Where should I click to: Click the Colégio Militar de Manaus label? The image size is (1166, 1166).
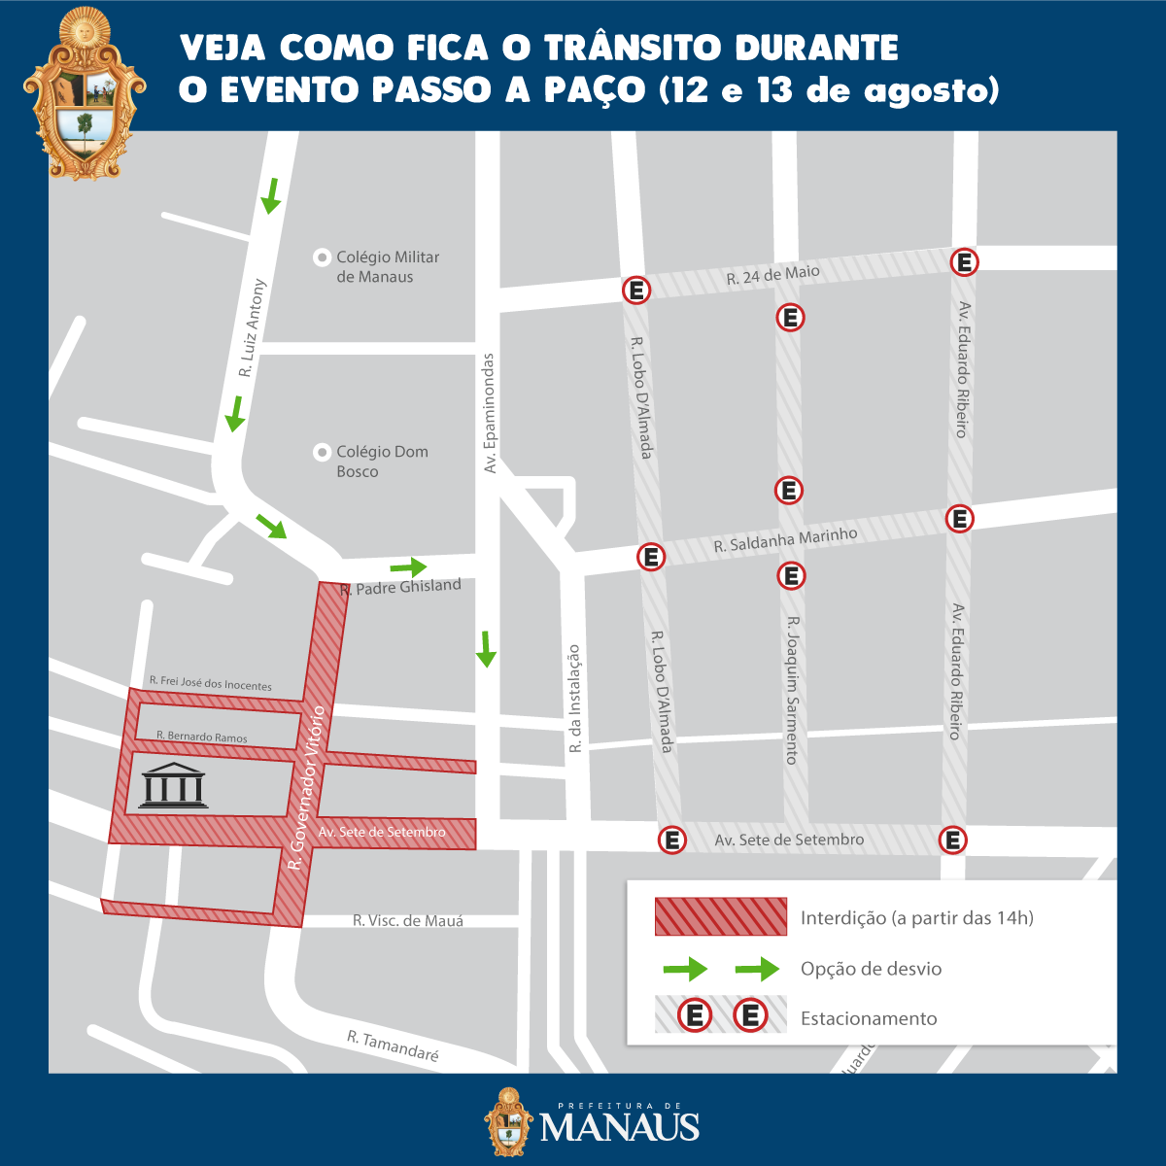(388, 267)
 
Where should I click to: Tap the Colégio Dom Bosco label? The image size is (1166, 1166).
(382, 462)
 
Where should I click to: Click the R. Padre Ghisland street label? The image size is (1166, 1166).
(401, 587)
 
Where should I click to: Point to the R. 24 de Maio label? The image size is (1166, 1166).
(773, 275)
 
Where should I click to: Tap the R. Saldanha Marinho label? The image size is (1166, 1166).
(785, 540)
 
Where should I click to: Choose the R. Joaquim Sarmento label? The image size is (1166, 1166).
(793, 689)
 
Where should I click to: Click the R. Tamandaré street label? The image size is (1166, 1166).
(394, 1046)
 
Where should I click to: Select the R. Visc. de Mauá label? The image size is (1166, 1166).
(408, 920)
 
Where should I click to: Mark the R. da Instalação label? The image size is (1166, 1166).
(574, 699)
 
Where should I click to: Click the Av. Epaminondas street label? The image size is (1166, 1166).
(490, 413)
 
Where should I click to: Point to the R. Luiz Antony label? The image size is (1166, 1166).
(252, 328)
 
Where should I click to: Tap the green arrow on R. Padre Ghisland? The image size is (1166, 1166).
(409, 566)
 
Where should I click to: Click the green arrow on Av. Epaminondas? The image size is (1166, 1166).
(486, 649)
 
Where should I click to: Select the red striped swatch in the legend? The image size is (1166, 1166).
(720, 917)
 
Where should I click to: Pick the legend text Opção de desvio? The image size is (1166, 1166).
(871, 969)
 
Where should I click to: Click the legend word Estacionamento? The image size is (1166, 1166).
(869, 1018)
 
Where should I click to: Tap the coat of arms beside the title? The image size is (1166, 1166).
(86, 94)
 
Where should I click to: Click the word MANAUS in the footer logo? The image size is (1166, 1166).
(619, 1128)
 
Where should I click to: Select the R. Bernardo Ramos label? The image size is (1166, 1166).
(202, 737)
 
